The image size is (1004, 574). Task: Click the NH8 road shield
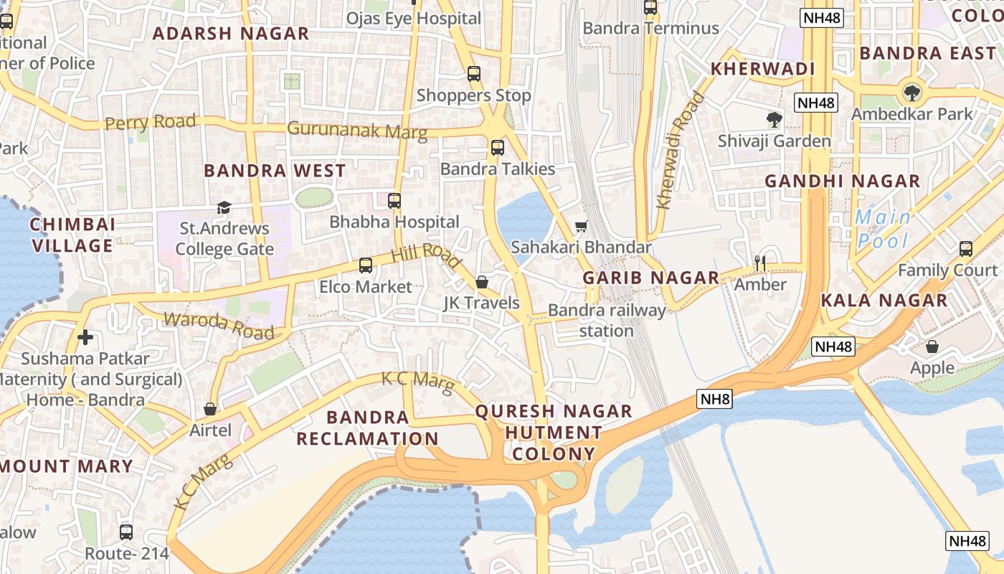[714, 399]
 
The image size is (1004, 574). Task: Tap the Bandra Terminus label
[650, 28]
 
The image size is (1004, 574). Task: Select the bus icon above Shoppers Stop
[473, 74]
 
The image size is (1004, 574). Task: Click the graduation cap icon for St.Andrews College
[224, 208]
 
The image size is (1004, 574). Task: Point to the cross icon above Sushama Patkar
[85, 337]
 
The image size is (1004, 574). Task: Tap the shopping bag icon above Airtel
[210, 409]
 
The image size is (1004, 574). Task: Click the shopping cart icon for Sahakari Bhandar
[581, 227]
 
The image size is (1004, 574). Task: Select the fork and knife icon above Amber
[760, 263]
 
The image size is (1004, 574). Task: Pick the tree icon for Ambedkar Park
[911, 93]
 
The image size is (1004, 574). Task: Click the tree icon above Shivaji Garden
[774, 119]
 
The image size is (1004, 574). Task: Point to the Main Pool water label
[883, 229]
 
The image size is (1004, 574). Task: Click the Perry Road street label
[150, 123]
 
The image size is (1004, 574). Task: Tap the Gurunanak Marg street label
[357, 131]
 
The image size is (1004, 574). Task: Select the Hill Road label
[426, 255]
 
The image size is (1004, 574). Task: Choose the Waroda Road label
[219, 326]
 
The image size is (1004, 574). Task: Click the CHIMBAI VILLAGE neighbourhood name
[72, 235]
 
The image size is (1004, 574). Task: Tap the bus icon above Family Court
[965, 249]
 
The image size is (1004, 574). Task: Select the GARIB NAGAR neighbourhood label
[650, 278]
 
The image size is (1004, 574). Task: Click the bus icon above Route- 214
[126, 532]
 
